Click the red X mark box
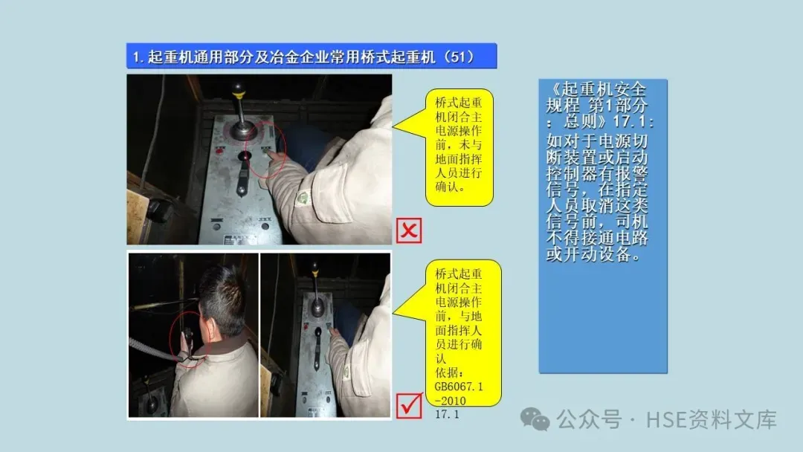tap(409, 230)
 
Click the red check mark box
tap(409, 406)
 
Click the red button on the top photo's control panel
tap(220, 151)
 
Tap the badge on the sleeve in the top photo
tap(303, 198)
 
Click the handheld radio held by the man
tap(188, 340)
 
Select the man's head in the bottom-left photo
tap(222, 301)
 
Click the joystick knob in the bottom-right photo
tap(315, 267)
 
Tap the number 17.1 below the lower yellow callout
tap(447, 415)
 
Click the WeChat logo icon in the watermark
tap(535, 419)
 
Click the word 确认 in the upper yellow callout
tap(447, 187)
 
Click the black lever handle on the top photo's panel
tap(244, 174)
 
